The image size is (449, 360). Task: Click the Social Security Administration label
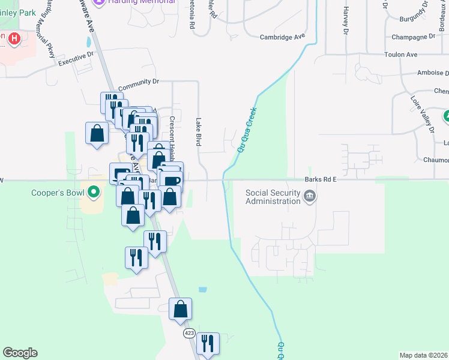273,197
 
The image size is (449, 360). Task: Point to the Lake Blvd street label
198,131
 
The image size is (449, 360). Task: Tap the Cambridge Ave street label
283,37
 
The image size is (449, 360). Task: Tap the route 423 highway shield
189,333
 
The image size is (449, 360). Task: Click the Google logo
20,353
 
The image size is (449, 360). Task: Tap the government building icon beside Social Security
310,196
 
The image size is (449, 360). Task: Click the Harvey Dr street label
346,20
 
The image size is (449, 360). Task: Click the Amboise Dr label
432,73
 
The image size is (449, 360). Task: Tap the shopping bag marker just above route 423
180,309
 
